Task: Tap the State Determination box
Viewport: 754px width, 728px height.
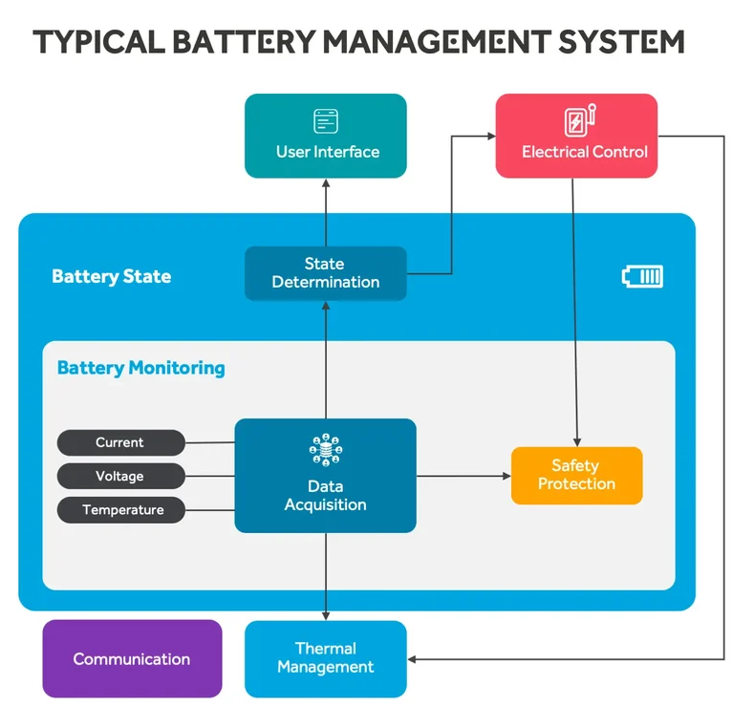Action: coord(326,273)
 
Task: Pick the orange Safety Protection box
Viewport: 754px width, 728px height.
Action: coord(576,475)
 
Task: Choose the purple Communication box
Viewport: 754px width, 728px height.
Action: coord(132,658)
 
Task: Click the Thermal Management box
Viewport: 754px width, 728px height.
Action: coord(326,658)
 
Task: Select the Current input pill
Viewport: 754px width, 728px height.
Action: coord(120,442)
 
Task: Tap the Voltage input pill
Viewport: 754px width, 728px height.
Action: coord(120,476)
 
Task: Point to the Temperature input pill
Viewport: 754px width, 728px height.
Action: coord(121,509)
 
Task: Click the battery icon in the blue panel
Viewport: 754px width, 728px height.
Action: coord(642,277)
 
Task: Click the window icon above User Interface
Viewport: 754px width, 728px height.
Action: coord(327,120)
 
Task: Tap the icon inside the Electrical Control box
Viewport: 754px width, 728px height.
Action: coord(580,120)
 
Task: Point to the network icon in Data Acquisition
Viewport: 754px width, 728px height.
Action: coord(326,450)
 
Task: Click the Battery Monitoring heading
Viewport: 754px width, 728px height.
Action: coord(141,368)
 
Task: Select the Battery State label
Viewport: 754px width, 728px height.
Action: coord(112,277)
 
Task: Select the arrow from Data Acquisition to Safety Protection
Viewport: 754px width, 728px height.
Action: coord(463,475)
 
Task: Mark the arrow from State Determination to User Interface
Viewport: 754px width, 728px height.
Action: coord(326,212)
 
